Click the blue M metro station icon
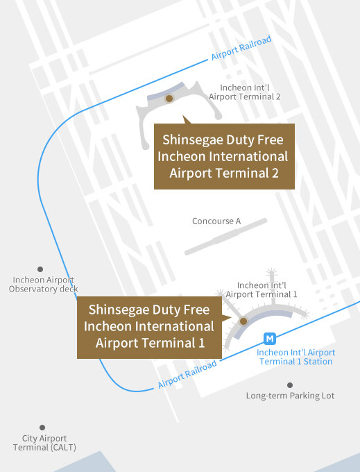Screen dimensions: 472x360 271,339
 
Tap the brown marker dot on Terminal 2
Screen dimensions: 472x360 169,99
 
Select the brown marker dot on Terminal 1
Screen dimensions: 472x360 243,321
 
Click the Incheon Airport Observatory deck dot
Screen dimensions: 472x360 40,269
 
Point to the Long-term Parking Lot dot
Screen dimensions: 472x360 290,385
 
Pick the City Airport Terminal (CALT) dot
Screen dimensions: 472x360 42,428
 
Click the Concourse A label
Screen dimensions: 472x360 216,221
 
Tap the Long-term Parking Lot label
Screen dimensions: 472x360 290,396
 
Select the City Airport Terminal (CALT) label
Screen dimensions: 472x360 44,443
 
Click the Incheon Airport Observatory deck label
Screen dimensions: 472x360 44,284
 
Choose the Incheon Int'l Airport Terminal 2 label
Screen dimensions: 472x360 245,92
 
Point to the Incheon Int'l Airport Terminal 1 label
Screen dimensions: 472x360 262,289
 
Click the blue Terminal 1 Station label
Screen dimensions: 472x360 295,357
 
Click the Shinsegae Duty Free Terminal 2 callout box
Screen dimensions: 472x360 223,156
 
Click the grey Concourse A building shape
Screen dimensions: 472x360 225,236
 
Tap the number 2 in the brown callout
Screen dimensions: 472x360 275,173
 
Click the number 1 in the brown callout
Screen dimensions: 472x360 201,342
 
